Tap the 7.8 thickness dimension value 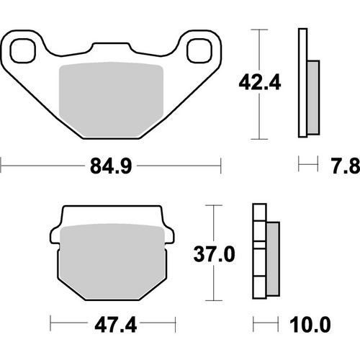tap(346, 167)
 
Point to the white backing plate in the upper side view tap(302, 83)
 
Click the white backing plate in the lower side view tap(257, 252)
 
